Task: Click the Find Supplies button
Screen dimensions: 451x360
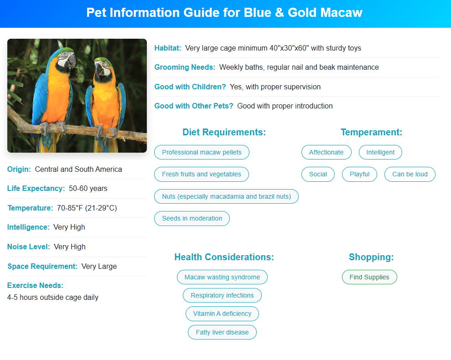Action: tap(369, 277)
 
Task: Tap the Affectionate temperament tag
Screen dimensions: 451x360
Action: tap(326, 152)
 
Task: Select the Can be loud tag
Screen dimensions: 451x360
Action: tap(410, 174)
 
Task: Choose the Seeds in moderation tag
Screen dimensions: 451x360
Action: tap(192, 219)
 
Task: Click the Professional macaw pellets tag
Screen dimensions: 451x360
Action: tap(202, 152)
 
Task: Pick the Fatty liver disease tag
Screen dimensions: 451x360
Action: tap(222, 332)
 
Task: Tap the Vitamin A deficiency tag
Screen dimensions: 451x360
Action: tap(222, 314)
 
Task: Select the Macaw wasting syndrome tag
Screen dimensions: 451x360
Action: tap(222, 277)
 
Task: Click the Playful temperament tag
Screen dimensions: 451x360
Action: tap(359, 174)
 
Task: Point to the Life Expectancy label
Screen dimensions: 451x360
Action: tap(36, 189)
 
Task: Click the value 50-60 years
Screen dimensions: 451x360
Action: tap(88, 189)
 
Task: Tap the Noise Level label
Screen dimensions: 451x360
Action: tap(28, 247)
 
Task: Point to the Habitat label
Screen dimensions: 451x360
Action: tap(168, 48)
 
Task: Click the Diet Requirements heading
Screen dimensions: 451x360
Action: tap(224, 132)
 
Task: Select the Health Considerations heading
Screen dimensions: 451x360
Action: tap(224, 257)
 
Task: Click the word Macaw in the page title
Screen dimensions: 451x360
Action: tap(342, 13)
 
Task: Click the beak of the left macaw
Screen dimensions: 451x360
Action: tap(71, 61)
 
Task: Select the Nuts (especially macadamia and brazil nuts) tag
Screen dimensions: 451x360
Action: tap(226, 197)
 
